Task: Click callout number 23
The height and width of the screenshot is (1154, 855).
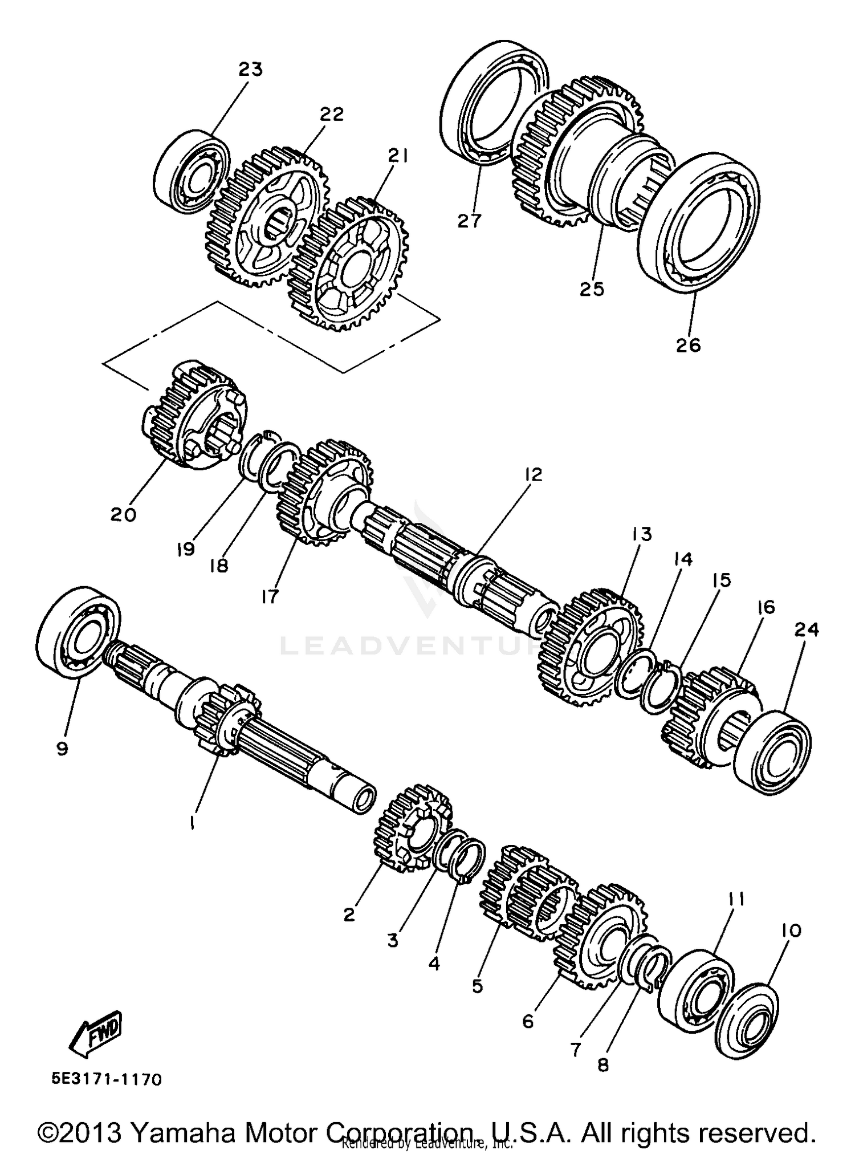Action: pos(250,70)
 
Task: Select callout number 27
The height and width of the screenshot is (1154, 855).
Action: pos(470,221)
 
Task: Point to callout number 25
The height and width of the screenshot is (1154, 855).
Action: pos(591,289)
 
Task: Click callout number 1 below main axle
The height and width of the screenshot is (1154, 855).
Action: pos(193,823)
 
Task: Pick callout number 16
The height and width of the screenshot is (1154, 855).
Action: pos(766,608)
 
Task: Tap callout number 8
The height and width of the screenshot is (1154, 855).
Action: pos(603,1065)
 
